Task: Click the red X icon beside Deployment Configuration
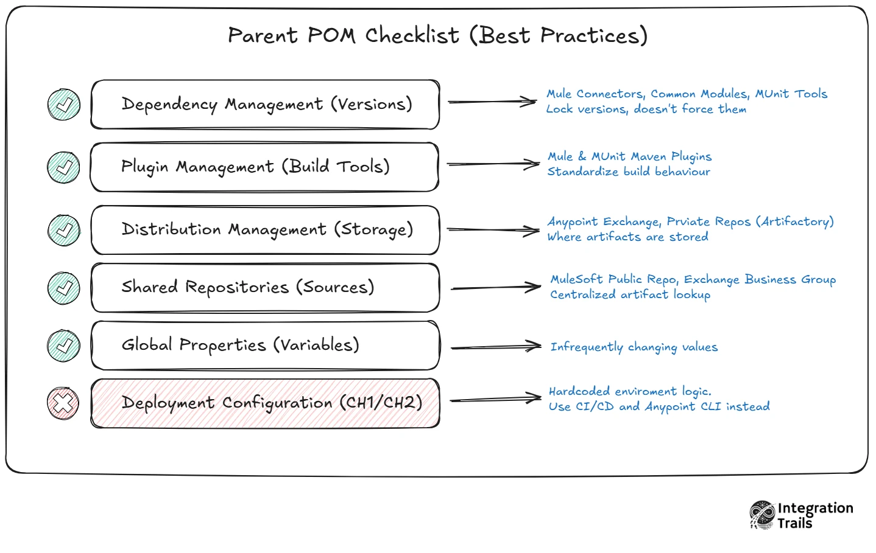63,403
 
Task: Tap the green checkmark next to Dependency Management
64,104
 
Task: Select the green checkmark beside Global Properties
63,346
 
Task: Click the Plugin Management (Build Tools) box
264,167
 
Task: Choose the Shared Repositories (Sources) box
265,288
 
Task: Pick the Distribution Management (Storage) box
265,230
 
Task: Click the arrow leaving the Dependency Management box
492,102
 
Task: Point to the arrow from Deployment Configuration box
496,399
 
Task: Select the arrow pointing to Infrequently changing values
496,346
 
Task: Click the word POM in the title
331,35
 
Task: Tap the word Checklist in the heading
412,35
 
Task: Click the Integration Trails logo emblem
762,515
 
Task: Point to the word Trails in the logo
794,523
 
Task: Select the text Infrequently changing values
634,347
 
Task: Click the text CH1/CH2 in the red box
381,403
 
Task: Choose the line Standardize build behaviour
629,172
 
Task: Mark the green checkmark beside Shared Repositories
64,288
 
